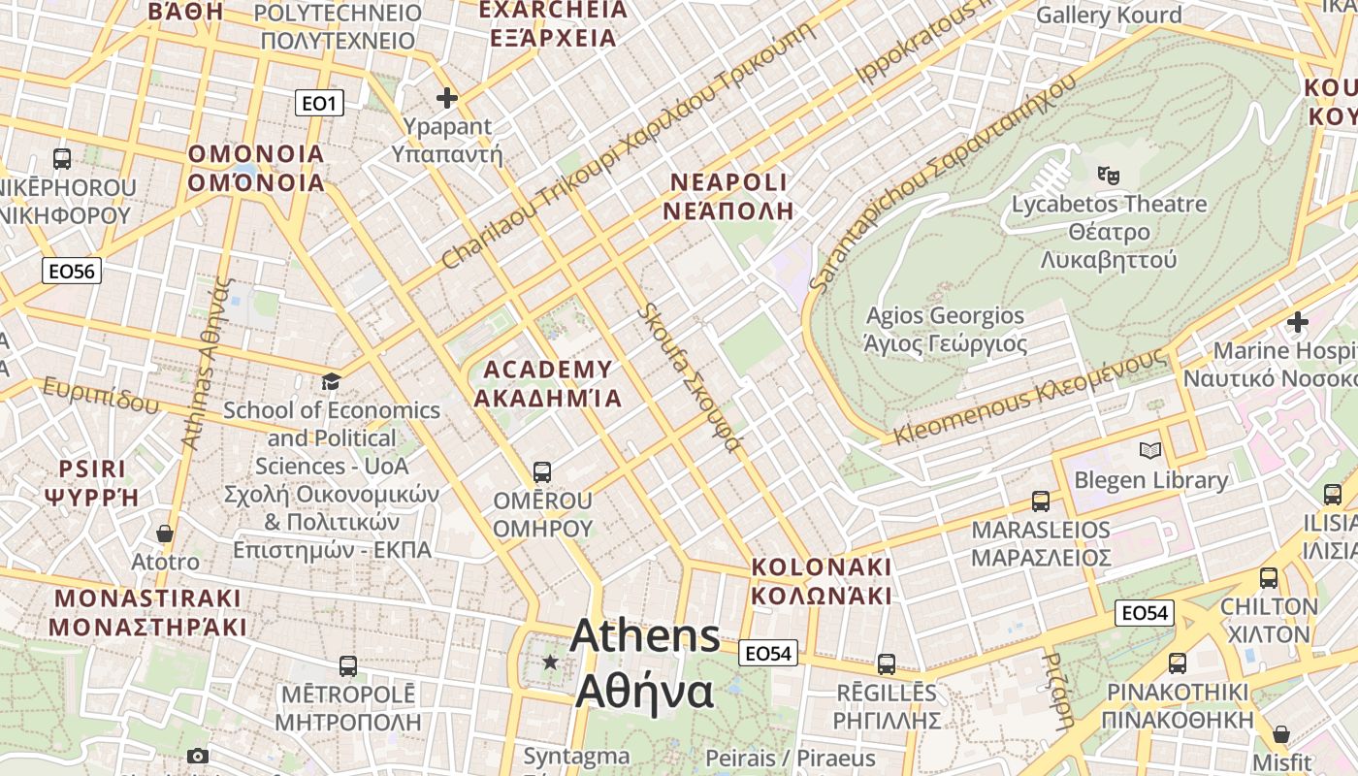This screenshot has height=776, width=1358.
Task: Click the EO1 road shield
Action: [319, 103]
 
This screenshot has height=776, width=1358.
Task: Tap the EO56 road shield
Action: [73, 271]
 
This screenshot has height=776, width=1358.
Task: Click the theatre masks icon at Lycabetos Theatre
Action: [1108, 176]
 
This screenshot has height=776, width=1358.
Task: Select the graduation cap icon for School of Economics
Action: [332, 381]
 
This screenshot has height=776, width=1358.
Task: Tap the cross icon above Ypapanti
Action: [447, 98]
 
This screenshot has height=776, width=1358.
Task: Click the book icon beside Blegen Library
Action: [1150, 451]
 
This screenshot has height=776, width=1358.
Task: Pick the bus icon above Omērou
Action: [542, 472]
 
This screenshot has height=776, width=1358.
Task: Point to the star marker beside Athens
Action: [550, 662]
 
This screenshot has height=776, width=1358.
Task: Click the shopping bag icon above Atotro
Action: [165, 533]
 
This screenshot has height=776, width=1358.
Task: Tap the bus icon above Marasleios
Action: [1041, 501]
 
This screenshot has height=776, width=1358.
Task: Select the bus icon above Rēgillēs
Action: [887, 664]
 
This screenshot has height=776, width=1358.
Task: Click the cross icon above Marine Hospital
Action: [1298, 322]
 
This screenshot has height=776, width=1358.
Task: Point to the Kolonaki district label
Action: [822, 580]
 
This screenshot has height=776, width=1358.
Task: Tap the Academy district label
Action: [548, 383]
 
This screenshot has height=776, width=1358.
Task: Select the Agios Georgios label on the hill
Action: [945, 330]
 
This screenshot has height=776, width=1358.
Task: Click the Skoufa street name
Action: [691, 378]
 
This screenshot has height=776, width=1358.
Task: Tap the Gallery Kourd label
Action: [1109, 16]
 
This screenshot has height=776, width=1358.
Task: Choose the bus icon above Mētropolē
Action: [348, 666]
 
